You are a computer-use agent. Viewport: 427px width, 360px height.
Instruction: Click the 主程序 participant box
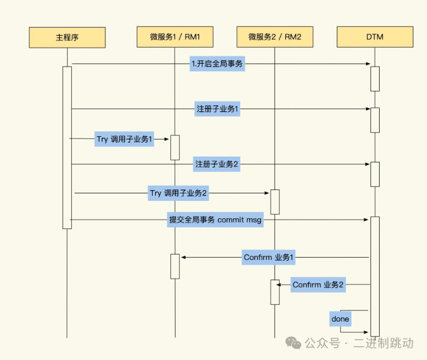(x=67, y=37)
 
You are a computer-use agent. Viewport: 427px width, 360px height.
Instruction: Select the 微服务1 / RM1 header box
(x=175, y=37)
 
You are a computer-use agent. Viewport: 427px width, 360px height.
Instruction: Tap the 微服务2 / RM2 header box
(x=275, y=37)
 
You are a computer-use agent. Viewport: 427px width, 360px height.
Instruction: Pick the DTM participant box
(x=375, y=37)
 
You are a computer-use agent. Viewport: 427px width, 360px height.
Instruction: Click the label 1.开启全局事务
(x=217, y=64)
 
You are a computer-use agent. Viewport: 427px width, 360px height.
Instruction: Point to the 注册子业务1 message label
(x=217, y=109)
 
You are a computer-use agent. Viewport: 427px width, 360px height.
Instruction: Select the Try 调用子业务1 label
(x=124, y=139)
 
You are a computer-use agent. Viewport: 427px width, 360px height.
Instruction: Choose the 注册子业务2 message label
(x=217, y=165)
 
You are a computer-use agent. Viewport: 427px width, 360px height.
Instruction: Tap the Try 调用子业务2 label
(x=178, y=193)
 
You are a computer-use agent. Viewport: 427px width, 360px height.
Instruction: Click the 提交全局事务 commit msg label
(x=215, y=220)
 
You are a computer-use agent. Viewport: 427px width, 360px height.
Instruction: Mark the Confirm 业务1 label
(x=269, y=258)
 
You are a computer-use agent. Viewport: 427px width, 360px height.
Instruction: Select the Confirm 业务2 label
(x=318, y=285)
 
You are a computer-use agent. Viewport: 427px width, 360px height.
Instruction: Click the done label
(x=340, y=319)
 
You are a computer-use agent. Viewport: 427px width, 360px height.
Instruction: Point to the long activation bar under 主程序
(x=67, y=148)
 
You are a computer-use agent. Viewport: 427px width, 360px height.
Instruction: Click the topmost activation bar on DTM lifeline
(x=375, y=79)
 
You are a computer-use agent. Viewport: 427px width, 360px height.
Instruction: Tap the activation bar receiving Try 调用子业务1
(x=175, y=148)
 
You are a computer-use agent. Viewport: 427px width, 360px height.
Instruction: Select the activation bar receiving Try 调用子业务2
(x=275, y=202)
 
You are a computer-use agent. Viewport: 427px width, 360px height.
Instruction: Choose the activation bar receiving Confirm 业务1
(x=175, y=266)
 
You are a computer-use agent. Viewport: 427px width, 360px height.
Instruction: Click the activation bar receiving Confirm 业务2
(x=275, y=292)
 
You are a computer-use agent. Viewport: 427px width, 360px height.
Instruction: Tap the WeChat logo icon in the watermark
(x=293, y=343)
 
